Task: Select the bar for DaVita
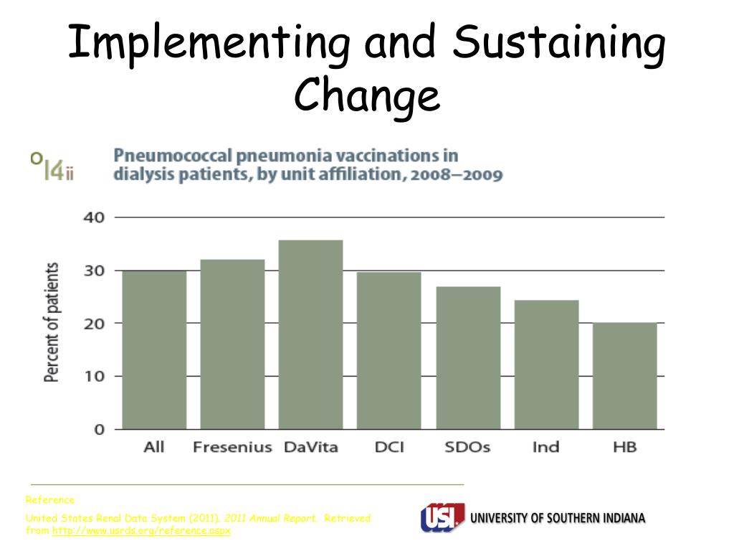(x=310, y=334)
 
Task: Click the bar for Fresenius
(x=232, y=344)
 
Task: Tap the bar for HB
(x=624, y=376)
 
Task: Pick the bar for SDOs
(x=468, y=357)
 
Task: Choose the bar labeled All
(x=154, y=349)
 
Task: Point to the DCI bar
(x=389, y=350)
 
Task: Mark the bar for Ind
(x=546, y=364)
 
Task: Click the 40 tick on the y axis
(x=95, y=217)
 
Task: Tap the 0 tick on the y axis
(x=100, y=429)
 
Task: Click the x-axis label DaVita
(x=310, y=447)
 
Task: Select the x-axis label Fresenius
(x=232, y=447)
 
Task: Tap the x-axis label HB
(x=624, y=447)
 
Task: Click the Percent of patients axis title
(x=52, y=322)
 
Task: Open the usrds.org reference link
(x=141, y=531)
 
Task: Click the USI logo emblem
(x=442, y=518)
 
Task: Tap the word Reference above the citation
(x=49, y=499)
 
